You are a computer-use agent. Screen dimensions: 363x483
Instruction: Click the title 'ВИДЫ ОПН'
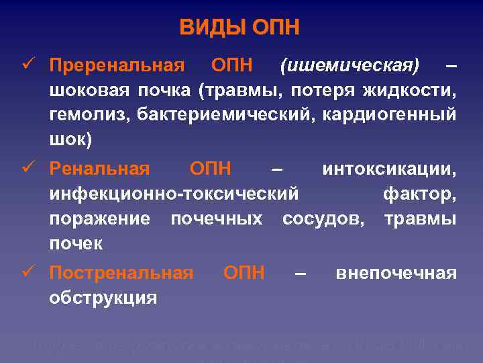(239, 28)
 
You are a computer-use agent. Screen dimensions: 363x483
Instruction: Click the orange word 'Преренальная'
(117, 66)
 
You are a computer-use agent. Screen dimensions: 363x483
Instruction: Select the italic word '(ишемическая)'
(350, 66)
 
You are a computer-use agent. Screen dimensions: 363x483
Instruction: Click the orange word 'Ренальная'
(100, 169)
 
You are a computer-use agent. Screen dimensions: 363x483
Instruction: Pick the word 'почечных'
(216, 219)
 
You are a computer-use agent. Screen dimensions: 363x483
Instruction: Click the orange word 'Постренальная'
(121, 273)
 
